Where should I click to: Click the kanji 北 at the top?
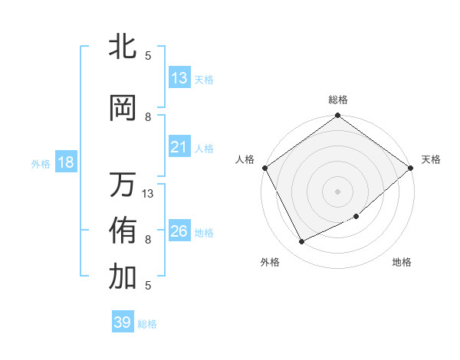123,46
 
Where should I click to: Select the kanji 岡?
123,109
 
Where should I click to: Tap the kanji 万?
123,185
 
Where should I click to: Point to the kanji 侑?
123,230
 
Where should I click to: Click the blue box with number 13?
179,78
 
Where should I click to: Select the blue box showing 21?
179,147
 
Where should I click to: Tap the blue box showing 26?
179,231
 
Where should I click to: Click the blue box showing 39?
123,322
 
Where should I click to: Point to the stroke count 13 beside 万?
149,193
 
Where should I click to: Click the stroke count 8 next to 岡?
149,116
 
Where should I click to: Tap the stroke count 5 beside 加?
147,285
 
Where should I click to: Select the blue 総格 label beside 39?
147,324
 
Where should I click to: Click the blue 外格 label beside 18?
41,163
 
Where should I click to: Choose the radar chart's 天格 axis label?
431,159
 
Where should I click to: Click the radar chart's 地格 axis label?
402,262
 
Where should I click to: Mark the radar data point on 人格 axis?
264,168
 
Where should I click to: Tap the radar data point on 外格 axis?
302,242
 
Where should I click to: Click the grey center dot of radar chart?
337,191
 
